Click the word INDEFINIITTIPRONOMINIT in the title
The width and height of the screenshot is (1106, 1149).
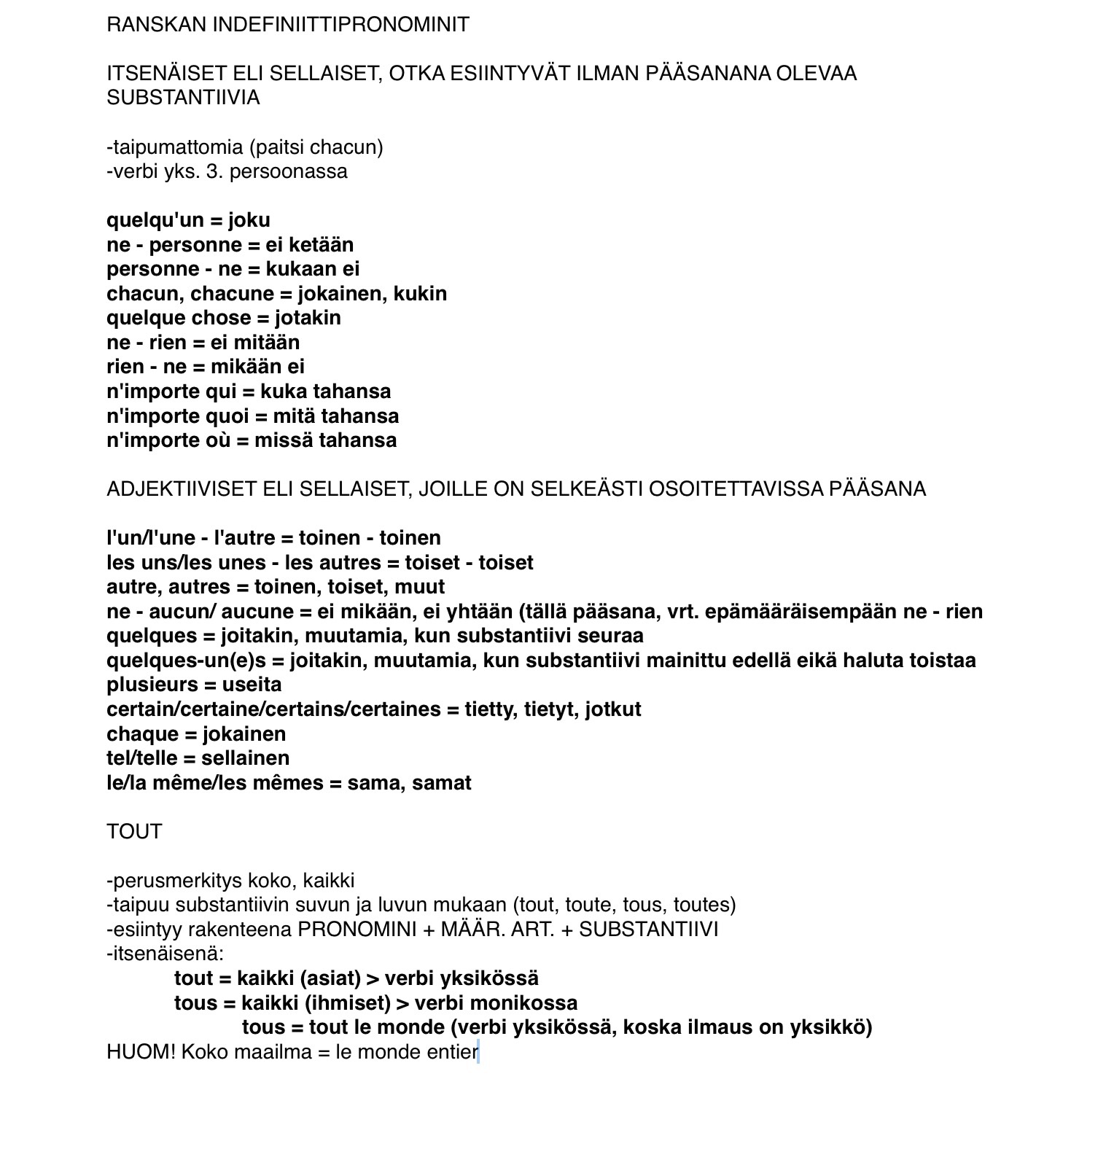340,25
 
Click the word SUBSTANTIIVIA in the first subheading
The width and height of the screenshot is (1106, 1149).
183,98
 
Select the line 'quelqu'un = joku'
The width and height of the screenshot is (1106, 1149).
188,220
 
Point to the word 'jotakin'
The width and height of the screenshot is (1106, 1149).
308,318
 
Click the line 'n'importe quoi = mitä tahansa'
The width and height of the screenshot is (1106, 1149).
252,416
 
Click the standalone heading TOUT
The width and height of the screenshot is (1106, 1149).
134,832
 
